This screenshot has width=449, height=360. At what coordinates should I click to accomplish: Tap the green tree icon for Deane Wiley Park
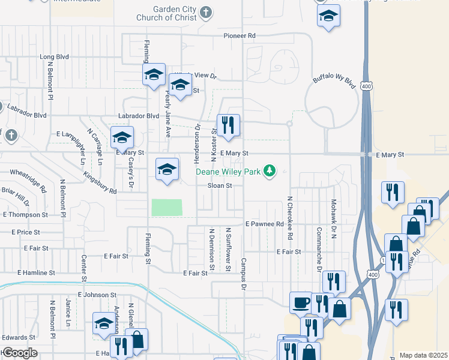pyautogui.click(x=270, y=172)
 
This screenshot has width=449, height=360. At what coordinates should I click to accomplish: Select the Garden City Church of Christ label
pyautogui.click(x=175, y=14)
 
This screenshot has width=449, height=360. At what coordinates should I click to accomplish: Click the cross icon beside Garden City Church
pyautogui.click(x=206, y=12)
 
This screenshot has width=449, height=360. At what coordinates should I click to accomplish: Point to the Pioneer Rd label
pyautogui.click(x=240, y=36)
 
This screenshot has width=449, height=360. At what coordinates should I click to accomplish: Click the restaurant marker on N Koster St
pyautogui.click(x=228, y=125)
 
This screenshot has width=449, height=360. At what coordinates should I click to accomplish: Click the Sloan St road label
pyautogui.click(x=220, y=186)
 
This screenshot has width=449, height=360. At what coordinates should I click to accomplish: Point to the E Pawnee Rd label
pyautogui.click(x=264, y=224)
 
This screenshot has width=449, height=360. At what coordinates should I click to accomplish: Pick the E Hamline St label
pyautogui.click(x=37, y=272)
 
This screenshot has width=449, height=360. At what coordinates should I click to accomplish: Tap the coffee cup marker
pyautogui.click(x=301, y=302)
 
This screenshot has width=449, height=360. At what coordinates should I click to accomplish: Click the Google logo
pyautogui.click(x=19, y=353)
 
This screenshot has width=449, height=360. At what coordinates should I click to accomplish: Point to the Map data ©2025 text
pyautogui.click(x=423, y=355)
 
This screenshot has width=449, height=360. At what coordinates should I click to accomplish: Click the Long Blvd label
pyautogui.click(x=55, y=57)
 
